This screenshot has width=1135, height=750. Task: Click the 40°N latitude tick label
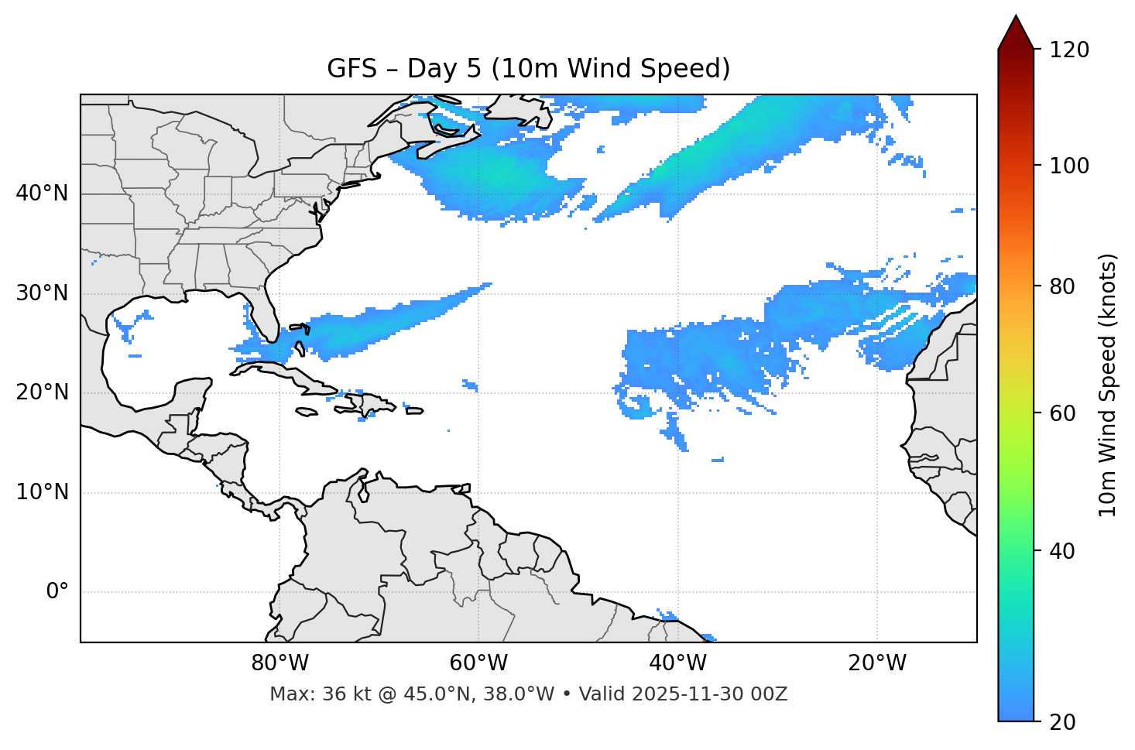coord(42,193)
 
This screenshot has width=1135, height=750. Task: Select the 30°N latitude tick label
coord(42,293)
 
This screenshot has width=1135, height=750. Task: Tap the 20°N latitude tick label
coord(42,392)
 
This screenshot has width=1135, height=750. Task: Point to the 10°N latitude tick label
coord(42,492)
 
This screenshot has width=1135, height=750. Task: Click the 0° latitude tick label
coord(57,592)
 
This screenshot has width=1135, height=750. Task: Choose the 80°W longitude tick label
coord(279,663)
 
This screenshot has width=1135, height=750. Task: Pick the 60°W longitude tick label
coord(478,663)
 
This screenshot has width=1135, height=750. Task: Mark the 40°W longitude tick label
coord(677,663)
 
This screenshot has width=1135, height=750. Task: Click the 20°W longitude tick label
coord(876,663)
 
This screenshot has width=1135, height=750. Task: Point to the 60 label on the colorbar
coord(1062,413)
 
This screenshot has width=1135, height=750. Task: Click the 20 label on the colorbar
coord(1062,722)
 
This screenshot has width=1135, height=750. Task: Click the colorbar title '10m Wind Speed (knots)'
coord(1108,385)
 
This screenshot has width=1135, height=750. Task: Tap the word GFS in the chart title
coord(351,69)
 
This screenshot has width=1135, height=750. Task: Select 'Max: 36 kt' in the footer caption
coord(308,694)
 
